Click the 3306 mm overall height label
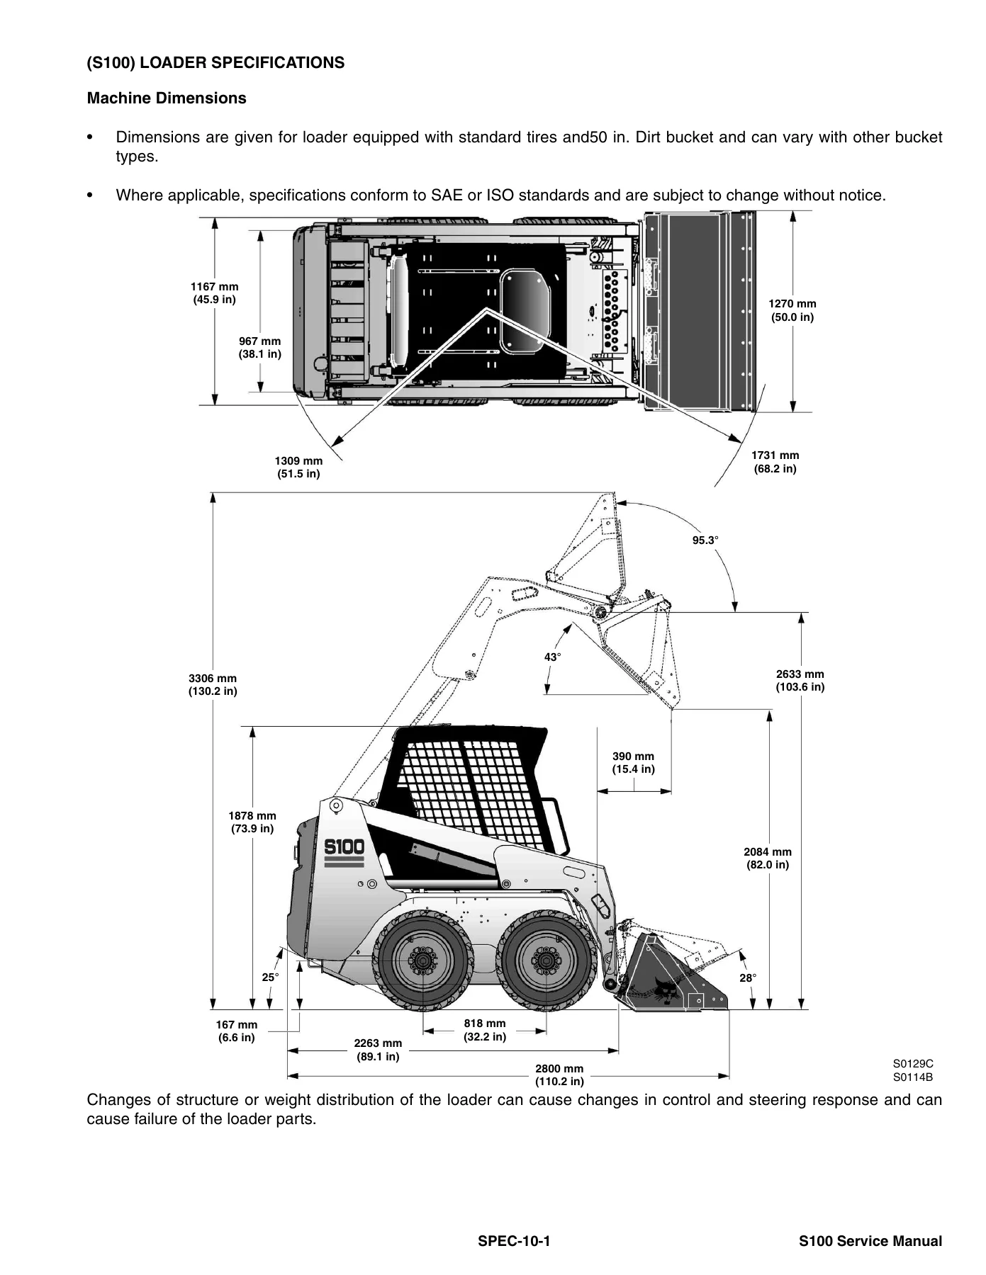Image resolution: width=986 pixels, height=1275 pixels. [x=213, y=685]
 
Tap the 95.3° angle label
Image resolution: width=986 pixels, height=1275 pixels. [x=705, y=540]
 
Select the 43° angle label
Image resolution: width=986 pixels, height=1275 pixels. [x=553, y=657]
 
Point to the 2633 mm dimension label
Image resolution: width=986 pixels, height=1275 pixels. [x=800, y=681]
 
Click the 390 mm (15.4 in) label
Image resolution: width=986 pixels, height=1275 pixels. [x=634, y=763]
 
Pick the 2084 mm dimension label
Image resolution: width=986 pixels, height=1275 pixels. [x=768, y=858]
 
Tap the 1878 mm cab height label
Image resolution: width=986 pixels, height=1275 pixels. [x=252, y=822]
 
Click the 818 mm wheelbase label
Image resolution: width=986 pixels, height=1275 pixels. [x=485, y=1031]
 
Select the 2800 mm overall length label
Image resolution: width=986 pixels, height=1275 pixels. [x=559, y=1075]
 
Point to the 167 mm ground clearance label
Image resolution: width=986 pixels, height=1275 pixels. [x=237, y=1031]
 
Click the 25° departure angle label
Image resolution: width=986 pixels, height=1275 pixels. [x=270, y=977]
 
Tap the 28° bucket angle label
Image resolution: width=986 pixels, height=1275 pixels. [x=748, y=977]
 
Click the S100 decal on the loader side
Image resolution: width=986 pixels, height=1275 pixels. [x=344, y=847]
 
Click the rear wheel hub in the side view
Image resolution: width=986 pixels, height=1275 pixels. [x=423, y=960]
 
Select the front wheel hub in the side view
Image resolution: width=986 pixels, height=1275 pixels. [x=546, y=960]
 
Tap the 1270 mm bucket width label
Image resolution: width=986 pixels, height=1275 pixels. [x=792, y=310]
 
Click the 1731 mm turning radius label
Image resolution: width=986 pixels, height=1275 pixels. [x=775, y=462]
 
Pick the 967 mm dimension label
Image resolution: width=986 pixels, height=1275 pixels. [x=260, y=348]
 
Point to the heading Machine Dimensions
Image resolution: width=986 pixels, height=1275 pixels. [x=167, y=98]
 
